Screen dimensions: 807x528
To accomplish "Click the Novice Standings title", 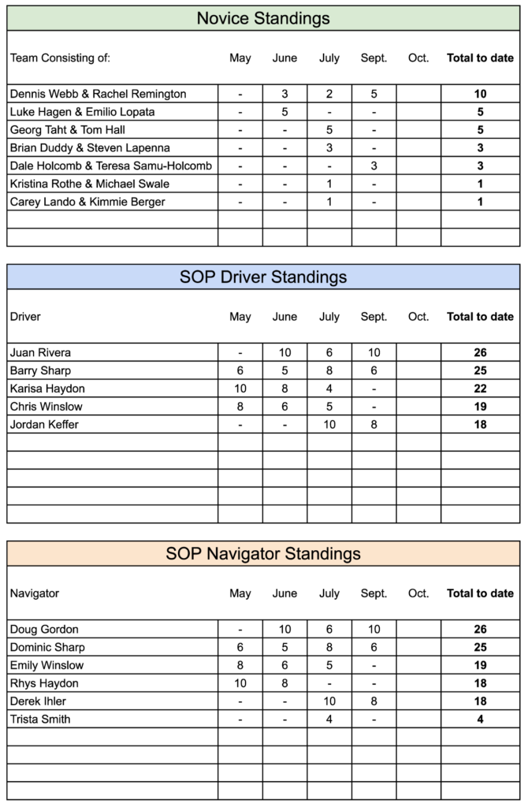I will pos(263,17).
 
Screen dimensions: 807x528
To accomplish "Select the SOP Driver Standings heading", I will pos(263,277).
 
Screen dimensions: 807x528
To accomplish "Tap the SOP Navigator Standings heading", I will pos(263,553).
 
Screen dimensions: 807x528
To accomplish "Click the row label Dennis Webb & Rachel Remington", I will pos(99,94).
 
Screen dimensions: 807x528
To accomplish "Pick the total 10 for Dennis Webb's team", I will pos(480,94).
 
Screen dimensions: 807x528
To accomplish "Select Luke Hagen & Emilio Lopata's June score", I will pos(284,112).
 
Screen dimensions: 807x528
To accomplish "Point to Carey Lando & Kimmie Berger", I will pos(88,202).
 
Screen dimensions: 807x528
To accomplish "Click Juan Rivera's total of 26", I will pos(480,352).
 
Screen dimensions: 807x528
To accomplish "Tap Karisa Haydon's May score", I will pos(240,389).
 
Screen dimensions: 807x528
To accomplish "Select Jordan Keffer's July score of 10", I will pos(329,425).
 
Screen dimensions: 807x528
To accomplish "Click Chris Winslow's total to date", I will pos(480,407).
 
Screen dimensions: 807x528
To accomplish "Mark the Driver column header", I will pos(25,317).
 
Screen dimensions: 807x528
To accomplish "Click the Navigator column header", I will pos(35,593).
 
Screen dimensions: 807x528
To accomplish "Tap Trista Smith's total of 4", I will pos(480,719).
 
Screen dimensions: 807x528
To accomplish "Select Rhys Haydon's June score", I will pos(284,683).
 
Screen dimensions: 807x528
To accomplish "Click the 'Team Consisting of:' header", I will pos(60,58).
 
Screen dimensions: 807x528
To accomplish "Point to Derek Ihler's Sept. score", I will pos(374,701).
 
